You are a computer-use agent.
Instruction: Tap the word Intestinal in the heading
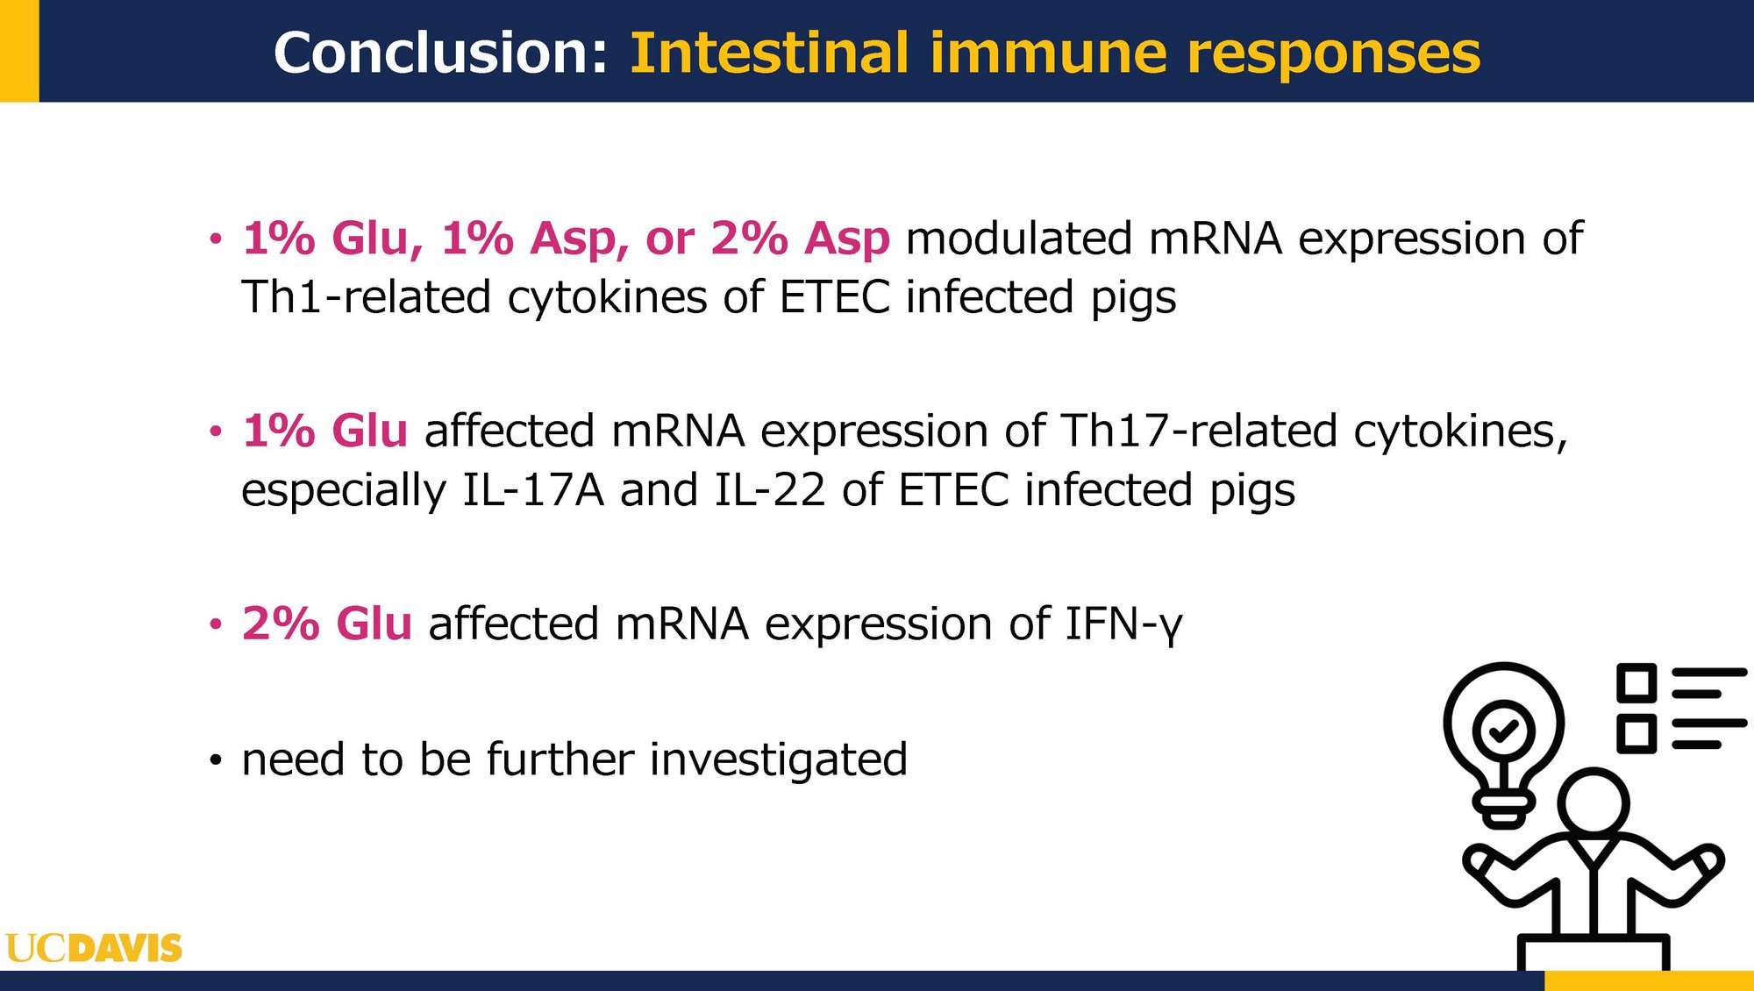pos(770,53)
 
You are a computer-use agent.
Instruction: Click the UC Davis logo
pos(94,948)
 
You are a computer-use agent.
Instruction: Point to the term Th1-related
pos(366,296)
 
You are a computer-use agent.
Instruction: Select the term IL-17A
pos(533,489)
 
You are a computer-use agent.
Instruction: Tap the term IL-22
pos(770,489)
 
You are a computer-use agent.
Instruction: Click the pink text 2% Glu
pos(327,624)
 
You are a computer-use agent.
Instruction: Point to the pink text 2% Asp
pos(800,239)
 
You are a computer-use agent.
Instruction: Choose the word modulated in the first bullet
pos(1019,238)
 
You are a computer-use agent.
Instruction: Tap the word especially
pos(344,491)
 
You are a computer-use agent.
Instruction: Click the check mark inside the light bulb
pos(1504,730)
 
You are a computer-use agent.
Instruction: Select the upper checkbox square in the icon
pos(1636,682)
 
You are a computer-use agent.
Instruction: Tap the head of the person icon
pos(1594,802)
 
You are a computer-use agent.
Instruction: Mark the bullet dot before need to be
pos(216,760)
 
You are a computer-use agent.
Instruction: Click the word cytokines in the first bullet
pos(608,296)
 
